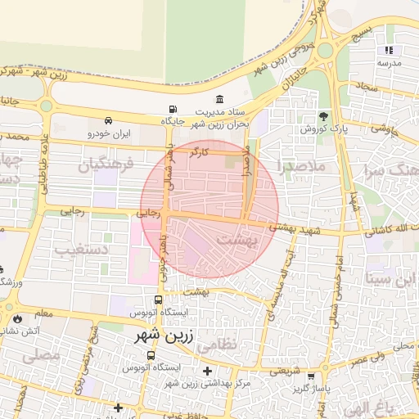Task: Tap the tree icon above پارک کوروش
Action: point(323,115)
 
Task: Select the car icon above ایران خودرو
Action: point(109,120)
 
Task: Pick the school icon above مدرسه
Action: point(389,51)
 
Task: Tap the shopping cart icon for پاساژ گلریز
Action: point(311,376)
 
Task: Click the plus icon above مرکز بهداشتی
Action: point(207,371)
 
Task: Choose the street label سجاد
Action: point(366,86)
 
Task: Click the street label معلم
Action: point(44,313)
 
